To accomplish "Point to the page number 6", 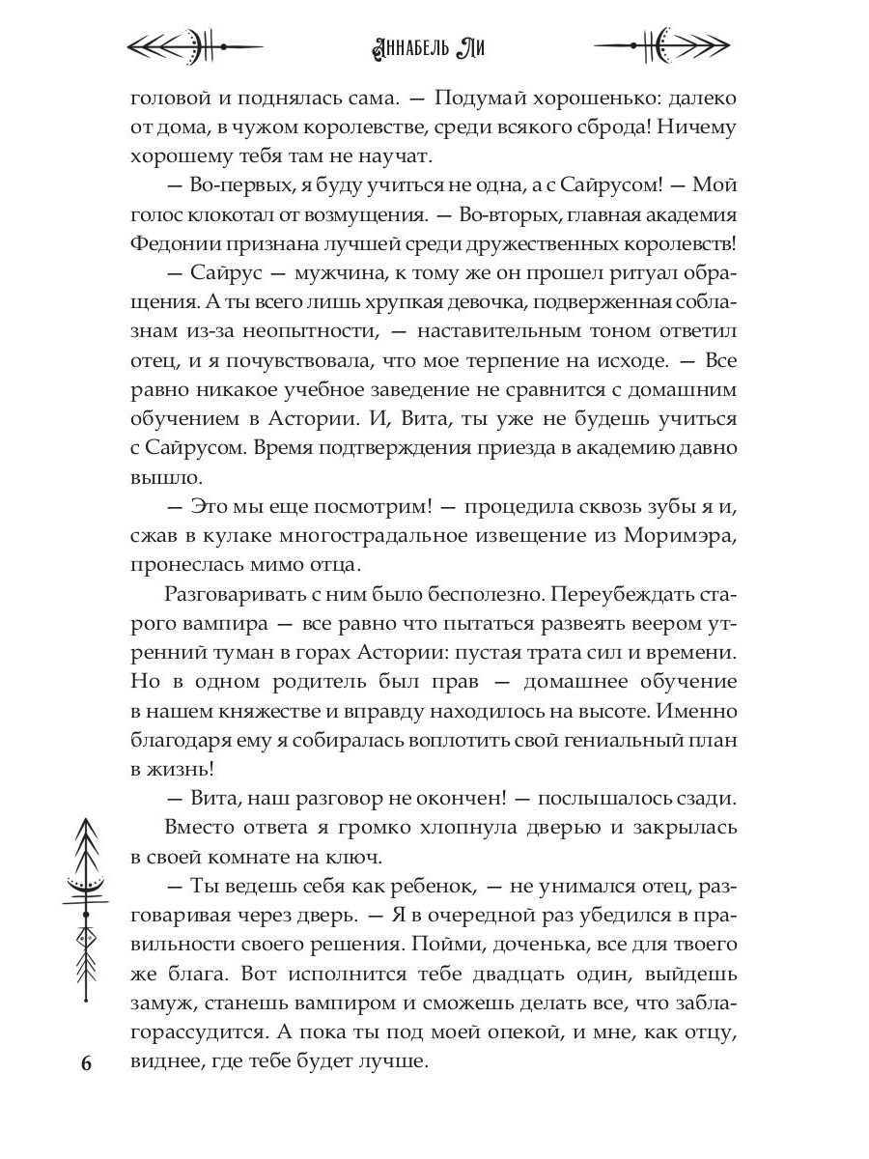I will click(85, 1063).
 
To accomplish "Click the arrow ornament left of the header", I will click(196, 44).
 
